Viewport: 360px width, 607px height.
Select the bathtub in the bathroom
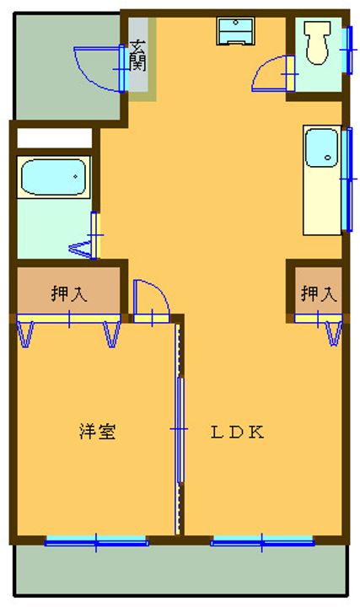point(53,177)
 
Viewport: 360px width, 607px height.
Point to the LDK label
point(238,433)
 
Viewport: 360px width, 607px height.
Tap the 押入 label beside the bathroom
point(68,294)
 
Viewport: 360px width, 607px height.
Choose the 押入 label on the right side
point(319,294)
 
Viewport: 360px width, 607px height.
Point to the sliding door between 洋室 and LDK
point(180,430)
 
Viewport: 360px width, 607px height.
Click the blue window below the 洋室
point(95,541)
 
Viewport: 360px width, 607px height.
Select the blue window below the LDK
point(261,541)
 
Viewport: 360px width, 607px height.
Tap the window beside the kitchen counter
point(346,179)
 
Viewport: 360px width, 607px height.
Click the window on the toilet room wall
point(346,51)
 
